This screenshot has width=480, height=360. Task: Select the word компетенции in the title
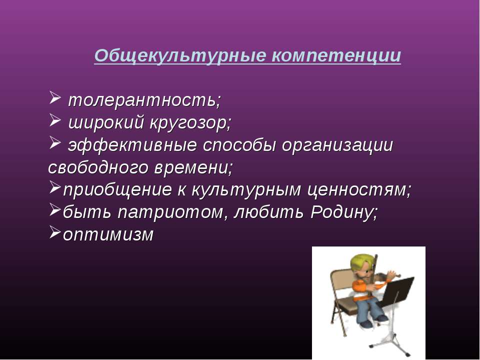[336, 56]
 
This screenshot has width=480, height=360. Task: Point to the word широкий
[106, 123]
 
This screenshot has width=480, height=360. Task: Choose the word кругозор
[190, 123]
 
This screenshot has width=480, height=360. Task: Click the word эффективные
[132, 145]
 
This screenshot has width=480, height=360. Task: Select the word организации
[337, 145]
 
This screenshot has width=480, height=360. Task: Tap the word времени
[193, 168]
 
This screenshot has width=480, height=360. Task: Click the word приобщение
[117, 190]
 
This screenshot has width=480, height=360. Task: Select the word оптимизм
[108, 235]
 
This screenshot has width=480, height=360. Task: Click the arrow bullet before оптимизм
[55, 232]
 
